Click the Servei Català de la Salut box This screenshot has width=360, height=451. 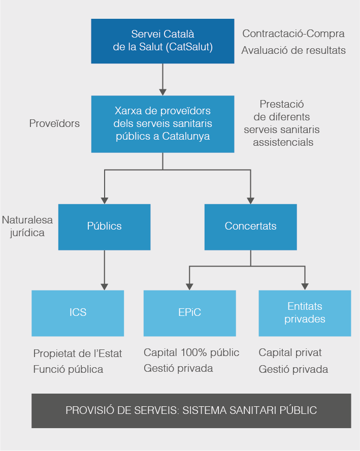coord(162,41)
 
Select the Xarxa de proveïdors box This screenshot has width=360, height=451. coord(162,123)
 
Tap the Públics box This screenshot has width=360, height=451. coord(104,227)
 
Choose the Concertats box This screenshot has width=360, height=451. coord(250,227)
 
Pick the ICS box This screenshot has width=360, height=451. coord(78,313)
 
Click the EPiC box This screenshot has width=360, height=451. coord(189,313)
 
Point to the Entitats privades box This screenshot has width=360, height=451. coord(305,313)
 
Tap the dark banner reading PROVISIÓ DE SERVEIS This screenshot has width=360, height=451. coord(191,410)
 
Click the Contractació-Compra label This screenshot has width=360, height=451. coord(293,34)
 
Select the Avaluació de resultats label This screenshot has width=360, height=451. coord(293,50)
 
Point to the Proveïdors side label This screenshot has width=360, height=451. coord(54,123)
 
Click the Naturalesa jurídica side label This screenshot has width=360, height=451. coord(27,227)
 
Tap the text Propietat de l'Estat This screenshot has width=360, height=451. coord(78,353)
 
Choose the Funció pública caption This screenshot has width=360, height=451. coord(68,369)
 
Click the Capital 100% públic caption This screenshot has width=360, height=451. coord(191,352)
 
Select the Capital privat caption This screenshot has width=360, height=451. coord(290,352)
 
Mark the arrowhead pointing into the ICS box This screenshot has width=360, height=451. coord(104,286)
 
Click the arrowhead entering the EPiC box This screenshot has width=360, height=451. coord(189,286)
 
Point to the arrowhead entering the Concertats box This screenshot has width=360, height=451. coord(250,200)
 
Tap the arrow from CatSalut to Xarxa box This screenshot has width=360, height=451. coord(162,79)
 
